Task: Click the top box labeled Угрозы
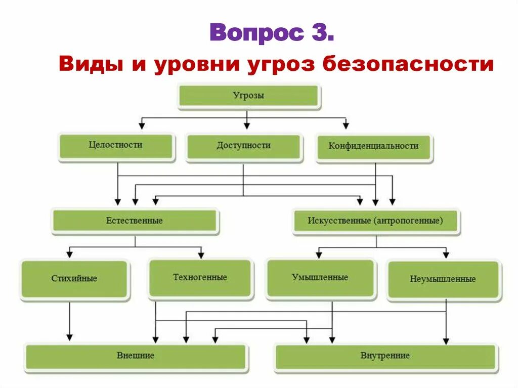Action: (x=248, y=96)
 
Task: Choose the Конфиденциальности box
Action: (x=374, y=147)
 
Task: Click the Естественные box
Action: (x=135, y=221)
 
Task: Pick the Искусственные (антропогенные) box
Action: (x=375, y=221)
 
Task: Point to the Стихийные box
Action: (x=74, y=279)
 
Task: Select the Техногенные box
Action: (x=200, y=278)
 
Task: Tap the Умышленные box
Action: (x=320, y=278)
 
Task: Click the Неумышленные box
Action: (x=443, y=279)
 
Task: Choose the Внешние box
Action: (x=136, y=356)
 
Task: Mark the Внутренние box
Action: (x=385, y=356)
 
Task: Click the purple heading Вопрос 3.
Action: (x=272, y=32)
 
